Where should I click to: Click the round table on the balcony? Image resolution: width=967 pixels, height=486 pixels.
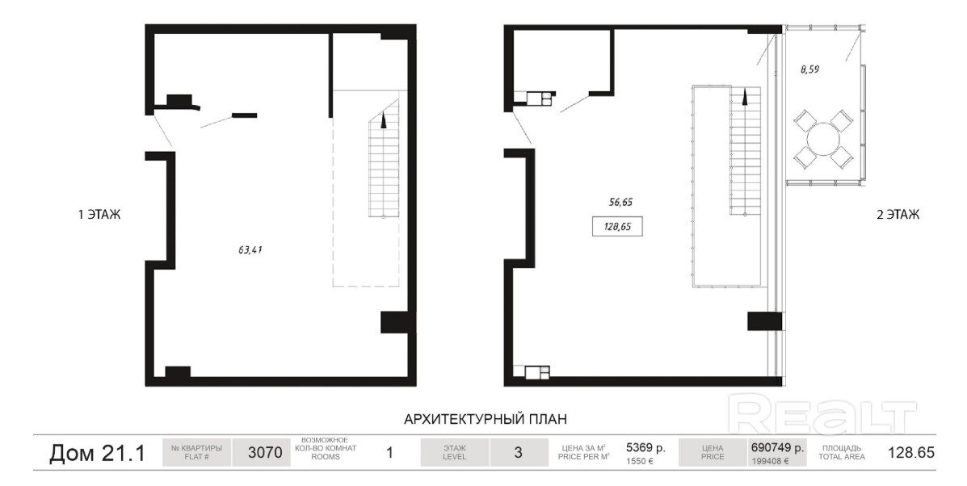[x=822, y=138]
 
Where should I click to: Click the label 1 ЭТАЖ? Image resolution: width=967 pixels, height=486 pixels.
[x=99, y=215]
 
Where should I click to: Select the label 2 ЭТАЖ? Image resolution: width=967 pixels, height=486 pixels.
[x=898, y=215]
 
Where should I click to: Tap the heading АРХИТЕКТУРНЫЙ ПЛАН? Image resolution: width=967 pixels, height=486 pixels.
[x=486, y=420]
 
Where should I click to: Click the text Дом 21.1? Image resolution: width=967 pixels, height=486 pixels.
[x=98, y=454]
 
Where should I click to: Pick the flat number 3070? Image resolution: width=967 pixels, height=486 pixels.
[x=265, y=453]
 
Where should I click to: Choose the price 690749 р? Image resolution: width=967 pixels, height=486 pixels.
[x=777, y=448]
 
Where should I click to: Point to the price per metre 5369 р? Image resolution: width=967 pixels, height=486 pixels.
[x=645, y=448]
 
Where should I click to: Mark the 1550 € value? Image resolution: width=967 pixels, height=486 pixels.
[x=640, y=461]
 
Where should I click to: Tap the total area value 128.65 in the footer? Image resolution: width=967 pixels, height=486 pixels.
[x=911, y=453]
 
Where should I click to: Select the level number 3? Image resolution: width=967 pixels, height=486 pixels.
[x=518, y=453]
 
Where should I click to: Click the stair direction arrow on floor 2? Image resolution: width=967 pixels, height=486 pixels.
[x=745, y=96]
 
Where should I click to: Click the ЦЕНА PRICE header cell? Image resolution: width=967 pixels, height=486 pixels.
[x=712, y=453]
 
